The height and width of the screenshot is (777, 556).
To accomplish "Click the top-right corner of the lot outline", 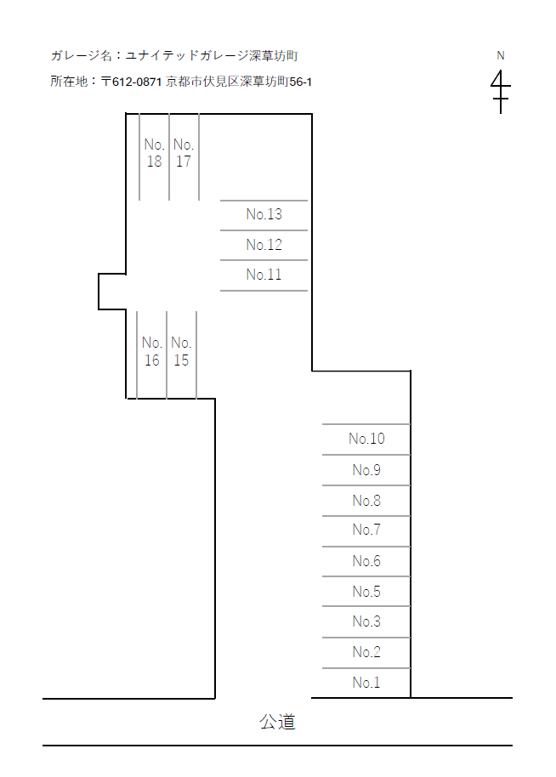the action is click(312, 114).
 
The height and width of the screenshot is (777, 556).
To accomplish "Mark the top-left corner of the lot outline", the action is click(126, 114).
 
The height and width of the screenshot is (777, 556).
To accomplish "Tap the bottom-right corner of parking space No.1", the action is click(411, 697).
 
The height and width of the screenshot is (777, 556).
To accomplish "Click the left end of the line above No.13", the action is click(220, 201).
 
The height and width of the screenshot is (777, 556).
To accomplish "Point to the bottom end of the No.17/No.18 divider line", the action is click(169, 200).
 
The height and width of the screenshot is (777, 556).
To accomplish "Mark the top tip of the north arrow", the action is click(501, 70).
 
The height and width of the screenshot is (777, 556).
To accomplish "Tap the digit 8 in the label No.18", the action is click(158, 162).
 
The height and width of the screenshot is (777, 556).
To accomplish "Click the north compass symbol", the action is click(501, 92).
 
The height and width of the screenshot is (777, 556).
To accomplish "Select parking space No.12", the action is click(264, 245).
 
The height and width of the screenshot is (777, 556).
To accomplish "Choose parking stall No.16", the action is click(151, 354).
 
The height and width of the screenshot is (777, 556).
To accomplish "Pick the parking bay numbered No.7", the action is click(366, 531).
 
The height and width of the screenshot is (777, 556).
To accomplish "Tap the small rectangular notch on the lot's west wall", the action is click(112, 292).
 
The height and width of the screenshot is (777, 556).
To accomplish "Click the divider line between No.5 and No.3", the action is click(366, 606).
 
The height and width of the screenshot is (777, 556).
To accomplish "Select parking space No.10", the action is click(366, 439).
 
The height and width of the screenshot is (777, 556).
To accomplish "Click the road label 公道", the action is click(277, 722).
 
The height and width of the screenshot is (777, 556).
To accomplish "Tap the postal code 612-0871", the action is click(137, 82).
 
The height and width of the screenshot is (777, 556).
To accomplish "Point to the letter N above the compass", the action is click(501, 55).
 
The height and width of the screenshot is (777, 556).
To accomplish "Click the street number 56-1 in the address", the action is click(301, 82).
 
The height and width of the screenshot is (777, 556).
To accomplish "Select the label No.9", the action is click(366, 470).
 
